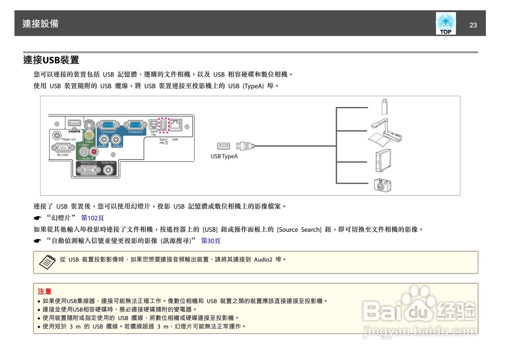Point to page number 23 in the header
tap(473, 25)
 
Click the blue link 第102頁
tap(92, 218)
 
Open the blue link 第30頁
tap(211, 241)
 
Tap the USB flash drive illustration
tap(384, 106)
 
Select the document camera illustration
tap(385, 131)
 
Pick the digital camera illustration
tap(383, 185)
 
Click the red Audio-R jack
tap(94, 152)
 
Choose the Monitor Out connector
tap(88, 170)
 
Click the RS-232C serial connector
tap(62, 148)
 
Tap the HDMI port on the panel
tap(74, 124)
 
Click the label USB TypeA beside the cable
tap(224, 156)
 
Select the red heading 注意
tap(45, 292)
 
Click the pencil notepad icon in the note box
tap(47, 261)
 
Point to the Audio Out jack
tap(108, 170)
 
